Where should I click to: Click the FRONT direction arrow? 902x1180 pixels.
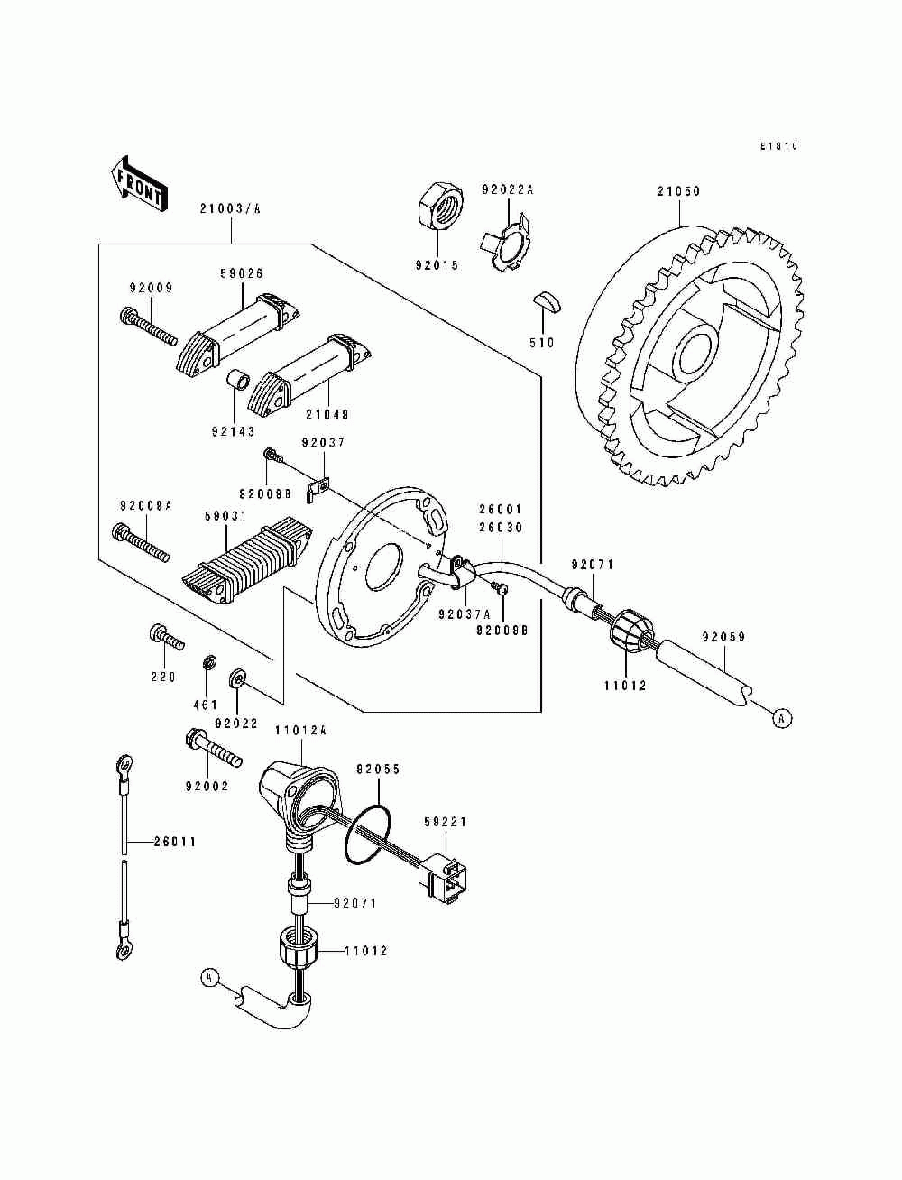[139, 183]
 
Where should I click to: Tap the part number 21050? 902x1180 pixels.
[678, 191]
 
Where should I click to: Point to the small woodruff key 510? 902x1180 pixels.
[548, 301]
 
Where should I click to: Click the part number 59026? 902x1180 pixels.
[242, 273]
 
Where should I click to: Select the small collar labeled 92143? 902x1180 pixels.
[237, 381]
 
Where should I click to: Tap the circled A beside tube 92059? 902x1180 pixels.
[782, 718]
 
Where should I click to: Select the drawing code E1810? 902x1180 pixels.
[779, 146]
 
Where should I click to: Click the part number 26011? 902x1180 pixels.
[175, 842]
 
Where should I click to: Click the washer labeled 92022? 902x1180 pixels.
[237, 678]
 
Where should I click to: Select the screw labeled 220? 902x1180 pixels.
[166, 637]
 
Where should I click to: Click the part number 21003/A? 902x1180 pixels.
[230, 209]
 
